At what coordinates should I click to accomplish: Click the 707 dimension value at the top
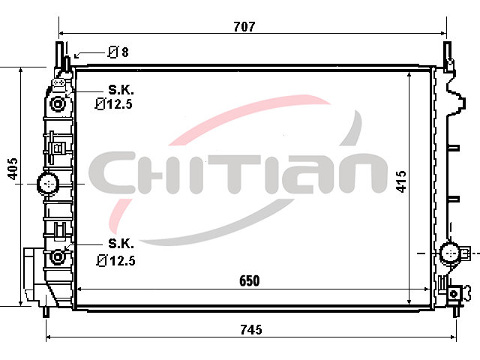244,27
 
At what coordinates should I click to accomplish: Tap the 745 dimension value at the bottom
251,330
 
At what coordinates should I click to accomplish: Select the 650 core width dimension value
250,280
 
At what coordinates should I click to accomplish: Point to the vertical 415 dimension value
401,181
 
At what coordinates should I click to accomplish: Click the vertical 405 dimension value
13,169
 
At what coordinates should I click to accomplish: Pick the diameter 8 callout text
118,52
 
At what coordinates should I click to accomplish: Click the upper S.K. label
121,90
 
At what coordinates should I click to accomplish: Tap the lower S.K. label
121,243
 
